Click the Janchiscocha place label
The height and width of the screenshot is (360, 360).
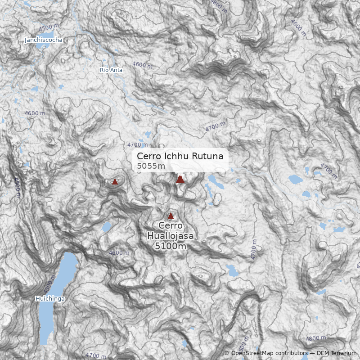pyautogui.click(x=44, y=40)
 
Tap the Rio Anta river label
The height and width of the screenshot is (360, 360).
pyautogui.click(x=111, y=70)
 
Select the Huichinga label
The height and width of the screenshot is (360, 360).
pyautogui.click(x=50, y=299)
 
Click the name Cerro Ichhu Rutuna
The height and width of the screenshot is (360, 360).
pyautogui.click(x=180, y=156)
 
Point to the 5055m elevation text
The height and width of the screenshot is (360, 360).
pyautogui.click(x=151, y=166)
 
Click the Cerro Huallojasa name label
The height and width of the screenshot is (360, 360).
pyautogui.click(x=171, y=230)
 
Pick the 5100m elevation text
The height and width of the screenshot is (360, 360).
pyautogui.click(x=171, y=246)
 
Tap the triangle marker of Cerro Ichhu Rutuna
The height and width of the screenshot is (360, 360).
pyautogui.click(x=180, y=180)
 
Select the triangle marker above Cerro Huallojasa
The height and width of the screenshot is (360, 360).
pyautogui.click(x=171, y=216)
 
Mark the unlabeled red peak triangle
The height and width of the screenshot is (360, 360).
pyautogui.click(x=115, y=182)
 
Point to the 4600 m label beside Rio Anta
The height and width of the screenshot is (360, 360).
pyautogui.click(x=143, y=65)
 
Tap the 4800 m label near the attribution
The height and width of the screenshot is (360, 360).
pyautogui.click(x=315, y=338)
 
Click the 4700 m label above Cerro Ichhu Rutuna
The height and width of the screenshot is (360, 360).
pyautogui.click(x=137, y=145)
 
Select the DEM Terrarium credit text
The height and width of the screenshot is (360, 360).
pyautogui.click(x=337, y=354)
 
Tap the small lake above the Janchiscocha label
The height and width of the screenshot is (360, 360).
pyautogui.click(x=48, y=34)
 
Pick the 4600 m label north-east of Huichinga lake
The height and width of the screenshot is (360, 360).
pyautogui.click(x=119, y=253)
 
